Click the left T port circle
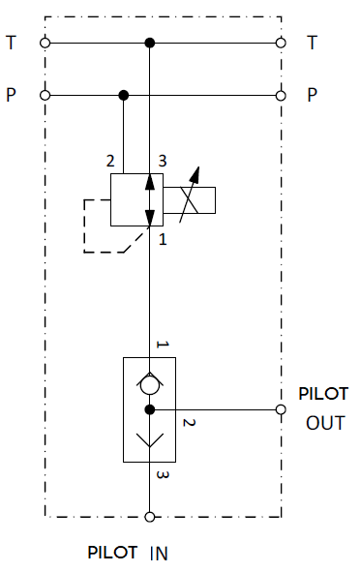pyautogui.click(x=45, y=43)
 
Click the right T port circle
pyautogui.click(x=281, y=43)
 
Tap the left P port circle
pyautogui.click(x=45, y=96)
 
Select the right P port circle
pyautogui.click(x=281, y=96)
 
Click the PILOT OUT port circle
pyautogui.click(x=281, y=409)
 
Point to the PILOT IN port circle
pyautogui.click(x=150, y=517)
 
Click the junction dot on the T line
pyautogui.click(x=150, y=43)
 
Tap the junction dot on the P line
pyautogui.click(x=124, y=96)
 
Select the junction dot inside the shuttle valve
pyautogui.click(x=150, y=409)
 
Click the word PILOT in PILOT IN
pyautogui.click(x=112, y=553)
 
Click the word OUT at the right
pyautogui.click(x=325, y=423)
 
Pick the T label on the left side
pyautogui.click(x=12, y=43)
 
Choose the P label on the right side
pyautogui.click(x=312, y=95)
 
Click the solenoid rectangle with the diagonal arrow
pyautogui.click(x=189, y=200)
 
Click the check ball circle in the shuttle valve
pyautogui.click(x=150, y=385)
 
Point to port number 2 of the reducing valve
pyautogui.click(x=110, y=161)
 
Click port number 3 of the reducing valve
pyautogui.click(x=163, y=161)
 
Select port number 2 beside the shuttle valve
pyautogui.click(x=189, y=422)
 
